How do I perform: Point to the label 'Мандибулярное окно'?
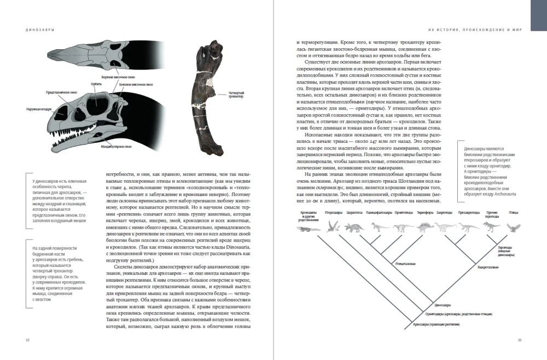(x=115, y=146)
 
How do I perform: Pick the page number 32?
(x=27, y=340)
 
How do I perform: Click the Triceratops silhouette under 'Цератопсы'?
(x=354, y=227)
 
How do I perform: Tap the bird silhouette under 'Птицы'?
(x=513, y=227)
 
